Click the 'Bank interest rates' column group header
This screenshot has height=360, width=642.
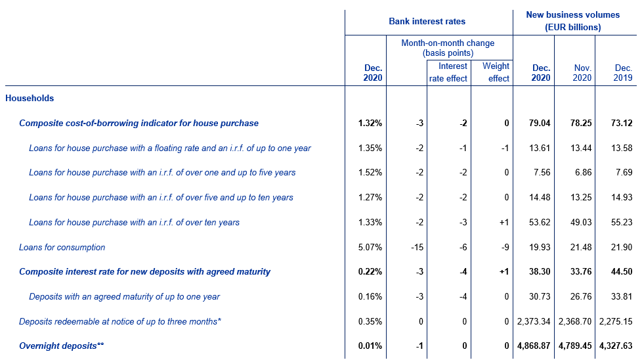click(427, 21)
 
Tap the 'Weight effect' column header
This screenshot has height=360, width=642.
click(496, 72)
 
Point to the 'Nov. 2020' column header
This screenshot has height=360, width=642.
click(582, 73)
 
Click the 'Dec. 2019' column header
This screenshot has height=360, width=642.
click(623, 73)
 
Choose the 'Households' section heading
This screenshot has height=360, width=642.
click(30, 99)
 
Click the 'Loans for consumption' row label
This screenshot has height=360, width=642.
click(62, 248)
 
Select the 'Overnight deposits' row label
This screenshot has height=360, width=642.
click(62, 346)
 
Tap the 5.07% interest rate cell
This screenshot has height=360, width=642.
click(370, 248)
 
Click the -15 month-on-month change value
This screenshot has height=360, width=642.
click(417, 248)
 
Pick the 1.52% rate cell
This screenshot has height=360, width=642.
click(370, 172)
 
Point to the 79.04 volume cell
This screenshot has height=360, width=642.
click(540, 124)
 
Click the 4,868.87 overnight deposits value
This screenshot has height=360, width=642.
click(534, 346)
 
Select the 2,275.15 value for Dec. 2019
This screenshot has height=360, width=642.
click(616, 321)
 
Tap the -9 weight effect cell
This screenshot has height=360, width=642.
click(505, 248)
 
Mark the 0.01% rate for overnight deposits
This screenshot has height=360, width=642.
click(370, 346)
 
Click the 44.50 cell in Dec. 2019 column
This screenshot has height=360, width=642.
click(622, 271)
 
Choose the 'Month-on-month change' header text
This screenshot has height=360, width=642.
click(448, 43)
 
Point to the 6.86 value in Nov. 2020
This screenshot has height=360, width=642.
click(584, 172)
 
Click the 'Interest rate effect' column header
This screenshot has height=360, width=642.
click(448, 72)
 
